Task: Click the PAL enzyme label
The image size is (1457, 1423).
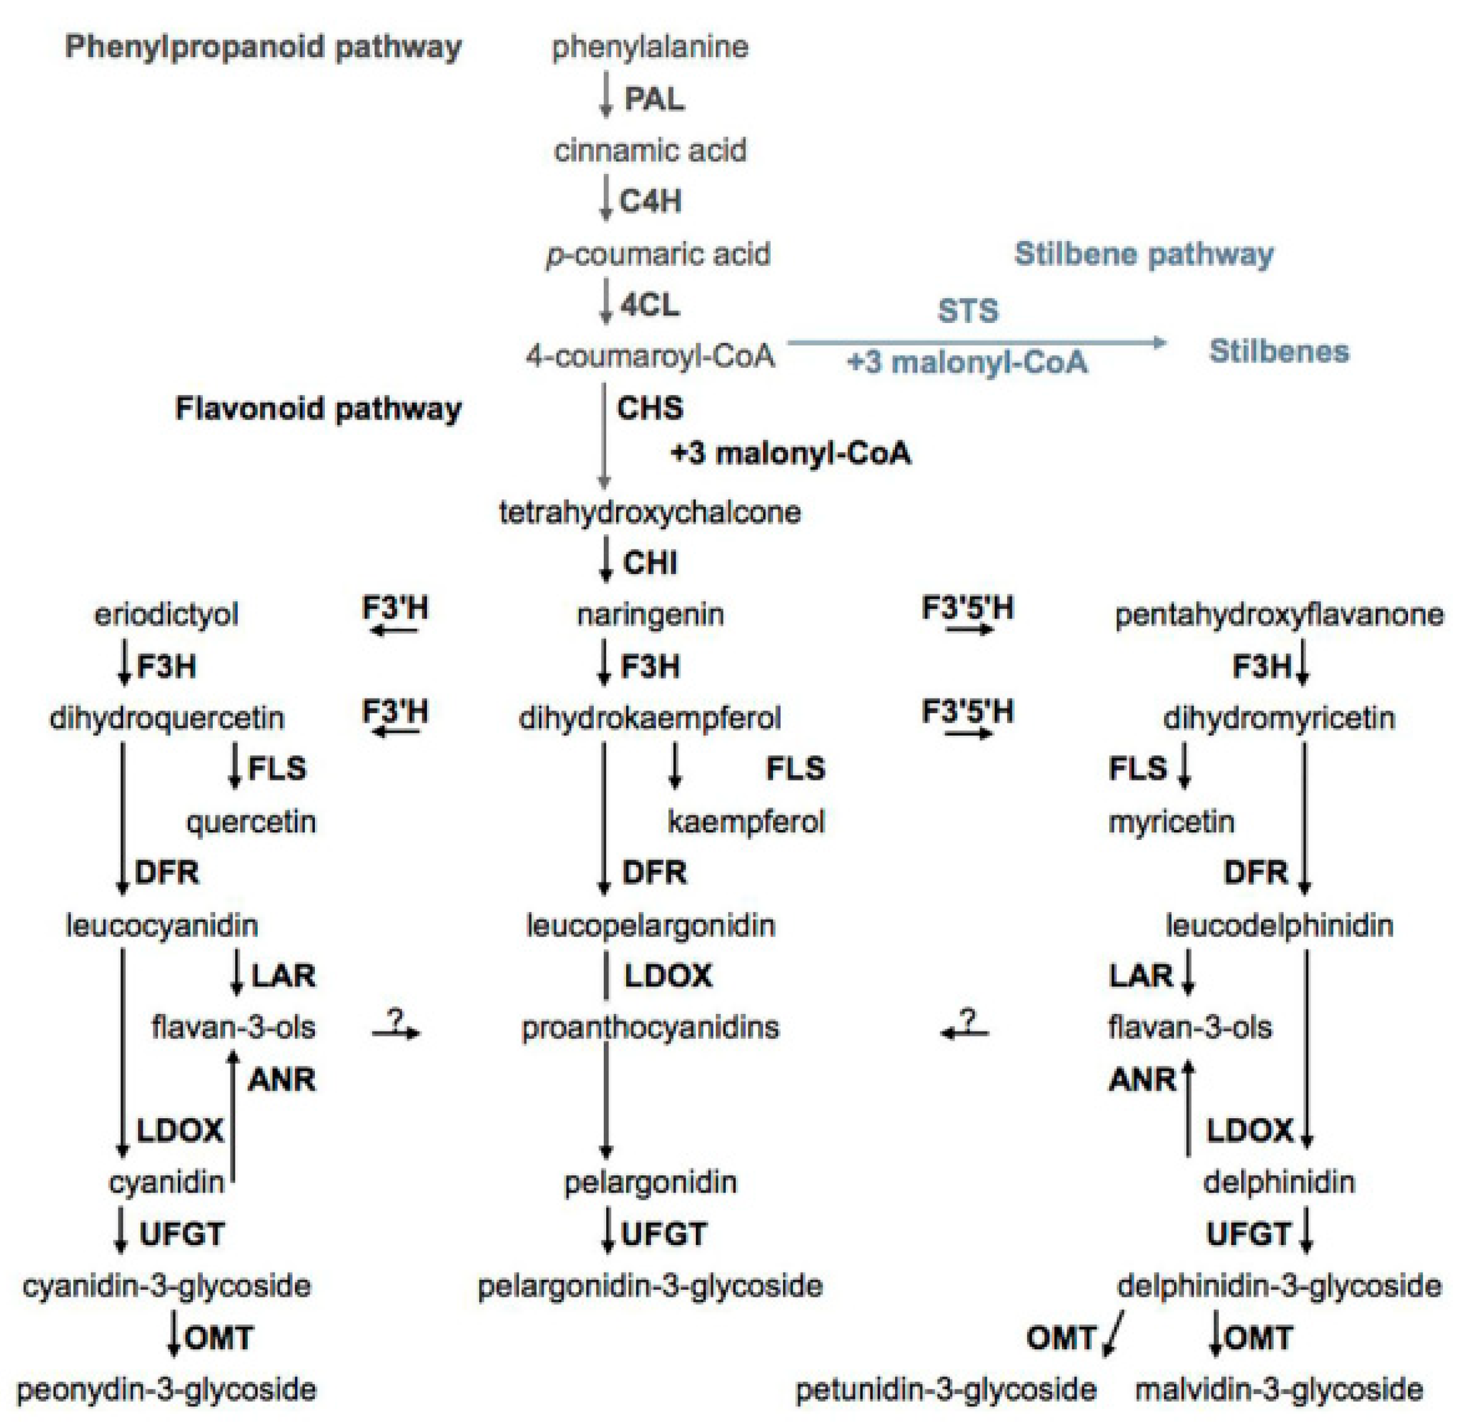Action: point(654,98)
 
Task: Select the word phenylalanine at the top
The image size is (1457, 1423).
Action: point(650,47)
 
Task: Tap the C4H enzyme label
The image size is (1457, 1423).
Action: point(650,202)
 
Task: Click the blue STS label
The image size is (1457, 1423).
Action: point(968,311)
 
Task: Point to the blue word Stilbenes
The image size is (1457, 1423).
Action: point(1279,351)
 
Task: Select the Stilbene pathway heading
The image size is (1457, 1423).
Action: point(1144,254)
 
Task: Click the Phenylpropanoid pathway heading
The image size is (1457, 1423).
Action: point(263,47)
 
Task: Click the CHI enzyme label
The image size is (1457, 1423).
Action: point(650,563)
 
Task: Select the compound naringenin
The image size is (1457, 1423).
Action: point(650,615)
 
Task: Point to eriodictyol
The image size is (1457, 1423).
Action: point(166,615)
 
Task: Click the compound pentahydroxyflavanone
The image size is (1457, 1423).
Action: point(1279,615)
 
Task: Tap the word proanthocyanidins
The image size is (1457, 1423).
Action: point(650,1027)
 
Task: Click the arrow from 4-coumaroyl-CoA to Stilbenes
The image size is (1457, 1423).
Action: point(976,342)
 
